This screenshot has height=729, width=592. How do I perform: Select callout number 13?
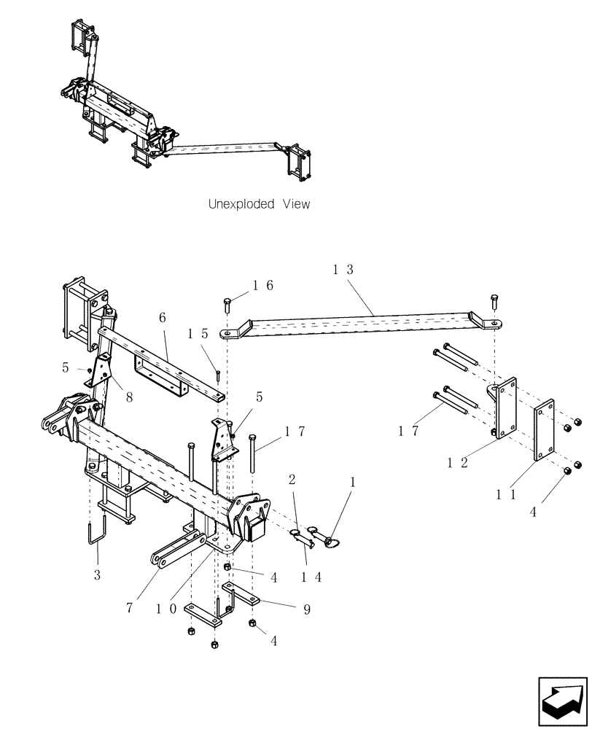tap(343, 270)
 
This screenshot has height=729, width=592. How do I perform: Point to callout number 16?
tap(263, 286)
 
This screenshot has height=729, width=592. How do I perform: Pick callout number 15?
tap(198, 334)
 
